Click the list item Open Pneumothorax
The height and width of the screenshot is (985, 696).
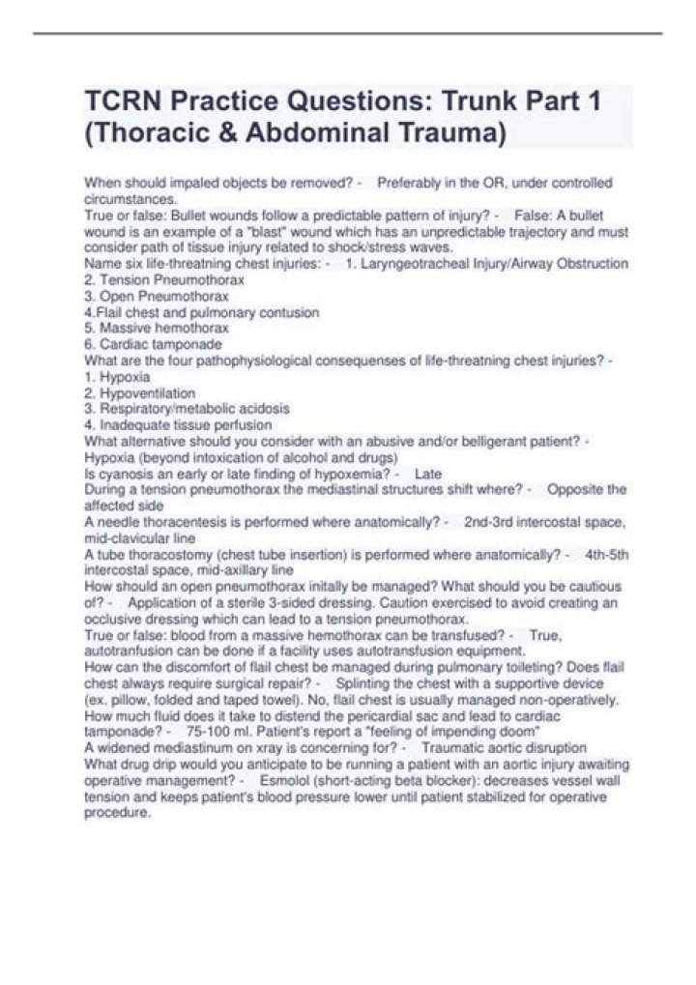(162, 296)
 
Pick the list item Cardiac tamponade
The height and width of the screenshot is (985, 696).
(159, 343)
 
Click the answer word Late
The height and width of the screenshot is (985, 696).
(427, 474)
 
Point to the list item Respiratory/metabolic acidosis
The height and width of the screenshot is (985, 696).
(191, 409)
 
